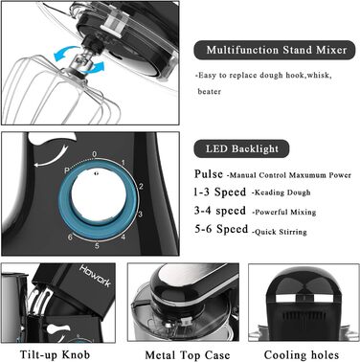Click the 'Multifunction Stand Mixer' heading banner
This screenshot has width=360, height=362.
(275, 50)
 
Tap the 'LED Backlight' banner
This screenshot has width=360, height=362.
(241, 148)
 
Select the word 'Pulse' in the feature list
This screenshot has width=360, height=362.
(209, 174)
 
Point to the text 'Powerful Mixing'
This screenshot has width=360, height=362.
(285, 212)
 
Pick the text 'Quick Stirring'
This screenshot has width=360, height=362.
(281, 232)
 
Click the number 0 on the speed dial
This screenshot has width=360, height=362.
(94, 154)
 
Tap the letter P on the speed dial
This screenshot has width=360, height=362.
(67, 170)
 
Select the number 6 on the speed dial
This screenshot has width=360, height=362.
(70, 238)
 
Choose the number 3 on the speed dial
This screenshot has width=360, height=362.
(140, 214)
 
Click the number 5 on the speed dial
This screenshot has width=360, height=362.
(97, 246)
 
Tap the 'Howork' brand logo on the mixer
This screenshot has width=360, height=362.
(95, 276)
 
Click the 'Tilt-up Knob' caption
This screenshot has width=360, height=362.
(55, 354)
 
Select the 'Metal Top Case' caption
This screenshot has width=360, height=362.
(188, 355)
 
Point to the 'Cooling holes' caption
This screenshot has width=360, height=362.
(302, 355)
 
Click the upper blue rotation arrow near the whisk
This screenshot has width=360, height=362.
(66, 53)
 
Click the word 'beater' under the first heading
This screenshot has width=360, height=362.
(210, 92)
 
